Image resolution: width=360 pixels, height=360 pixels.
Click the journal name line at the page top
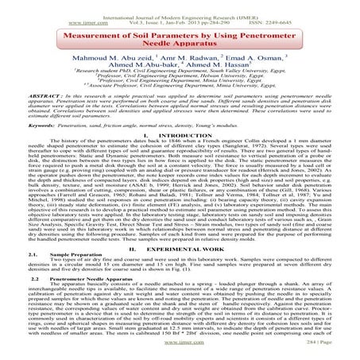180,6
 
